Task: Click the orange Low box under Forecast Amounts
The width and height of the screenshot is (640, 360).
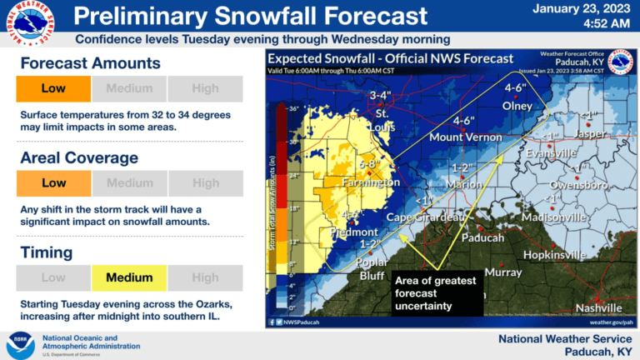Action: [53, 88]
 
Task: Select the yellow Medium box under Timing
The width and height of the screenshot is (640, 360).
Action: [129, 277]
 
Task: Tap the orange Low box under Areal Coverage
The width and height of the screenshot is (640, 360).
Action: [53, 183]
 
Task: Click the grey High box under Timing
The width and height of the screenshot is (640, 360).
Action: [205, 277]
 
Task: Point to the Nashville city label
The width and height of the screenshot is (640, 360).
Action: [598, 307]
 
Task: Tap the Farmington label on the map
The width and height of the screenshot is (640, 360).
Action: [370, 182]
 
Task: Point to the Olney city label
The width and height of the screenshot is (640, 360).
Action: [517, 106]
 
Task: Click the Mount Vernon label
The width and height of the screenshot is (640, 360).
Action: [464, 137]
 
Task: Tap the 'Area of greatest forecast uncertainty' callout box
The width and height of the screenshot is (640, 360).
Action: [437, 293]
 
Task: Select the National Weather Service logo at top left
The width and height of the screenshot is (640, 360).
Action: [31, 22]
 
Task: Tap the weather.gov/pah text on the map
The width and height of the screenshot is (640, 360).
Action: [611, 321]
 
